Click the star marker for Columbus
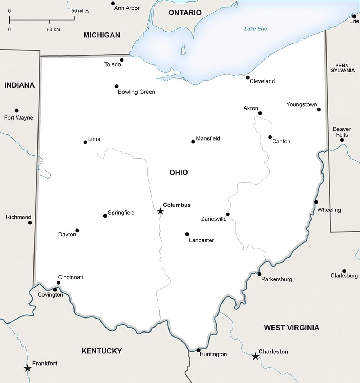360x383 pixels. click(161, 211)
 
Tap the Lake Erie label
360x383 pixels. click(255, 28)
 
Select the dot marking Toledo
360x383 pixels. click(122, 60)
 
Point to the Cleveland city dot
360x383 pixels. click(248, 77)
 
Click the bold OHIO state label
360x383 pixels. click(179, 173)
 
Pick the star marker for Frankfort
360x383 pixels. click(27, 368)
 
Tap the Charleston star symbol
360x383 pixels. click(255, 356)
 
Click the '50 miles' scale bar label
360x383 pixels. click(80, 11)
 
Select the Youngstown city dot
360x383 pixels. click(319, 110)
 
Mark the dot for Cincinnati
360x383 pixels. click(58, 283)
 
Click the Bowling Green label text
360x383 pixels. click(136, 92)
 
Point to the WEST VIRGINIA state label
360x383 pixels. click(291, 328)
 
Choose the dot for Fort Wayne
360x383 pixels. click(17, 111)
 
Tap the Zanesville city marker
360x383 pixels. click(228, 214)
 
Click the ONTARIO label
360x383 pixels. click(185, 13)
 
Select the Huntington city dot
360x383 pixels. click(198, 350)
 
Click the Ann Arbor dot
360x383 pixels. click(113, 4)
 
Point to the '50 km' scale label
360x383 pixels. click(53, 29)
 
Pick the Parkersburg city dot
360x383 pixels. click(259, 274)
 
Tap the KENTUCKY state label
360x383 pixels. click(102, 351)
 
